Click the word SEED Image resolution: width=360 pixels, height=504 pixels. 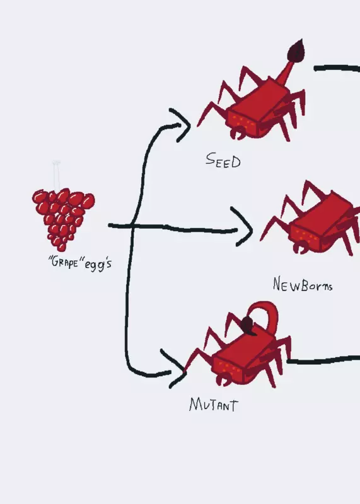223,160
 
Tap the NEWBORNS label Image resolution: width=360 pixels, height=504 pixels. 303,285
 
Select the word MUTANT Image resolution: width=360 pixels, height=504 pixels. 214,404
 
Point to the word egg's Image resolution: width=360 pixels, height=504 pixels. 98,264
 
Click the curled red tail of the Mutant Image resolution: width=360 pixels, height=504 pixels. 267,313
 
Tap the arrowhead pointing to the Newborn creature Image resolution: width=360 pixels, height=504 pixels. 243,227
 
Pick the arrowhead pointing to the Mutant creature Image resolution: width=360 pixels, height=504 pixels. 175,369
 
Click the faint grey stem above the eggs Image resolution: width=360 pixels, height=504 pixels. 57,175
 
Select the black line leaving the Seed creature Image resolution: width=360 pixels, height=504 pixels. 337,68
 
